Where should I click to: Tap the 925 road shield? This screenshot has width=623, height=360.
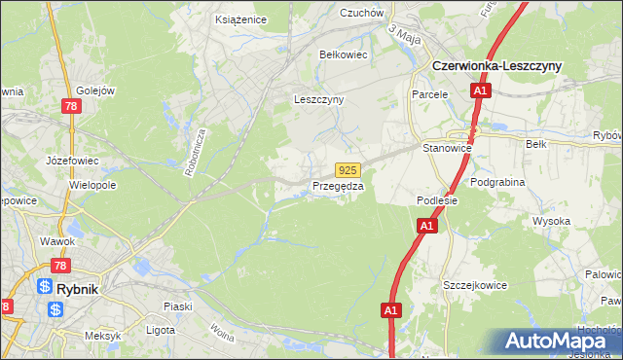tap(350, 169)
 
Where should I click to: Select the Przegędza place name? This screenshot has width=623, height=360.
tap(338, 186)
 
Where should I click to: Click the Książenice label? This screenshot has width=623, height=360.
tap(240, 18)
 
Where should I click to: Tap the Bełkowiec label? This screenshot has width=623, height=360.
tap(344, 54)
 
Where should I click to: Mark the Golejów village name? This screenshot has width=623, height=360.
tap(95, 90)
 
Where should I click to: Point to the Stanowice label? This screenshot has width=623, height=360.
tap(447, 148)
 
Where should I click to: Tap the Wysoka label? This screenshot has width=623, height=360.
tap(551, 221)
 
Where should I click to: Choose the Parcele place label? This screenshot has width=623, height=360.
tap(428, 94)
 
